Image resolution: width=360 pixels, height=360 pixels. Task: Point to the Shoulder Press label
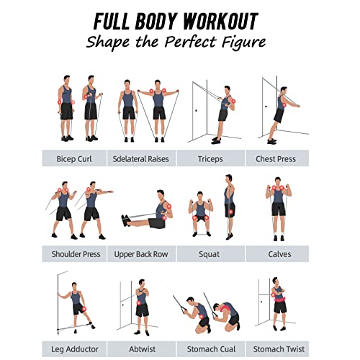76,254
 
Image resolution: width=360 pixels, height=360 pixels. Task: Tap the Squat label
210,254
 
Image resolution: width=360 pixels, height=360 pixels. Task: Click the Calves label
277,254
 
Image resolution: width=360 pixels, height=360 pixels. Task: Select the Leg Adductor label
76,349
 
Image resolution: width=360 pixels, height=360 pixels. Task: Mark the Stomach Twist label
277,349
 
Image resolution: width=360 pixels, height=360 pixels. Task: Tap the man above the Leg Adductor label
76,306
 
